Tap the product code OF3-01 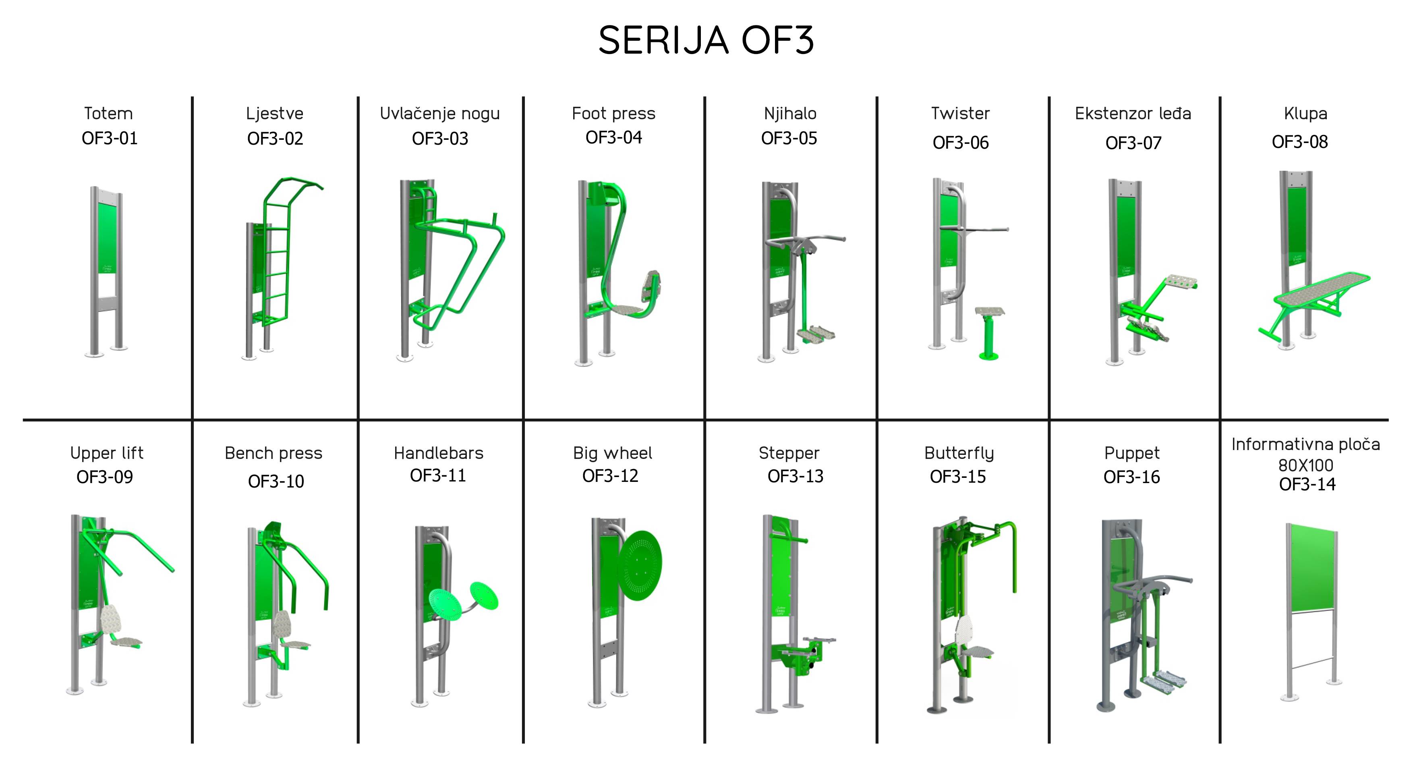pos(110,138)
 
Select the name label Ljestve pos(275,114)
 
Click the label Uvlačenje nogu pos(440,114)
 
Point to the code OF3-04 pos(614,137)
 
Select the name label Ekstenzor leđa pos(1133,114)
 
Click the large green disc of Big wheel pos(640,565)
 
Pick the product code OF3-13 pos(796,476)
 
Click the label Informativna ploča pos(1305,444)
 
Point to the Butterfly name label pos(959,453)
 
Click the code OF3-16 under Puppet pos(1131,477)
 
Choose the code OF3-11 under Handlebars pos(438,475)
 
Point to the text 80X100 pos(1305,465)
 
